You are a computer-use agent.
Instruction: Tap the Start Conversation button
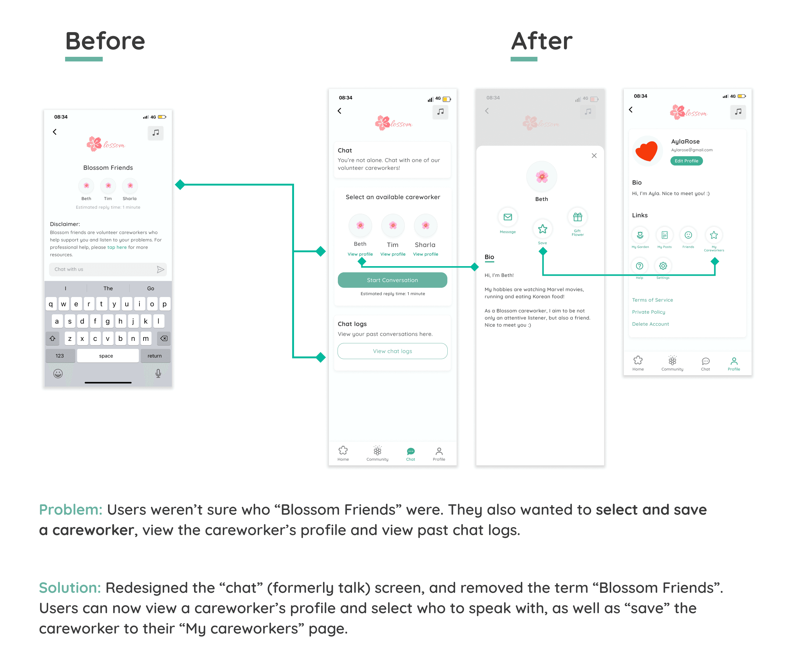click(392, 280)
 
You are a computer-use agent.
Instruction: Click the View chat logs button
click(392, 351)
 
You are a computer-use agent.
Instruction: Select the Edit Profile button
click(686, 161)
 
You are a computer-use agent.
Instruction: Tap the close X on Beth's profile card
click(594, 156)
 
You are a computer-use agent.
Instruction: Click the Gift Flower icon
click(577, 217)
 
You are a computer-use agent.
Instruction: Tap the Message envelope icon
click(508, 217)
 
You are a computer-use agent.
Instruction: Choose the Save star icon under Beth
click(542, 229)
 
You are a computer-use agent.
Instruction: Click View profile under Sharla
click(425, 254)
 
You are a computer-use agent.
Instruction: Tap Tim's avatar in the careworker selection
click(393, 225)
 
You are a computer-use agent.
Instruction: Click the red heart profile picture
click(647, 151)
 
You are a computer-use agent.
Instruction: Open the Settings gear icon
click(663, 266)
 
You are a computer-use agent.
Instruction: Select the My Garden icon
click(640, 235)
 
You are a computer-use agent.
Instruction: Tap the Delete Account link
click(650, 324)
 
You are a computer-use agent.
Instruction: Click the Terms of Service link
click(652, 300)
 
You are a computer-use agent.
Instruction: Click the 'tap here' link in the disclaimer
click(117, 247)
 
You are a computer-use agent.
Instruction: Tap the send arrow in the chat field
click(160, 269)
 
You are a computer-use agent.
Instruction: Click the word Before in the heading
click(105, 41)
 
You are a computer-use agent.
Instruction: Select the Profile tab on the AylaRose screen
click(733, 363)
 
